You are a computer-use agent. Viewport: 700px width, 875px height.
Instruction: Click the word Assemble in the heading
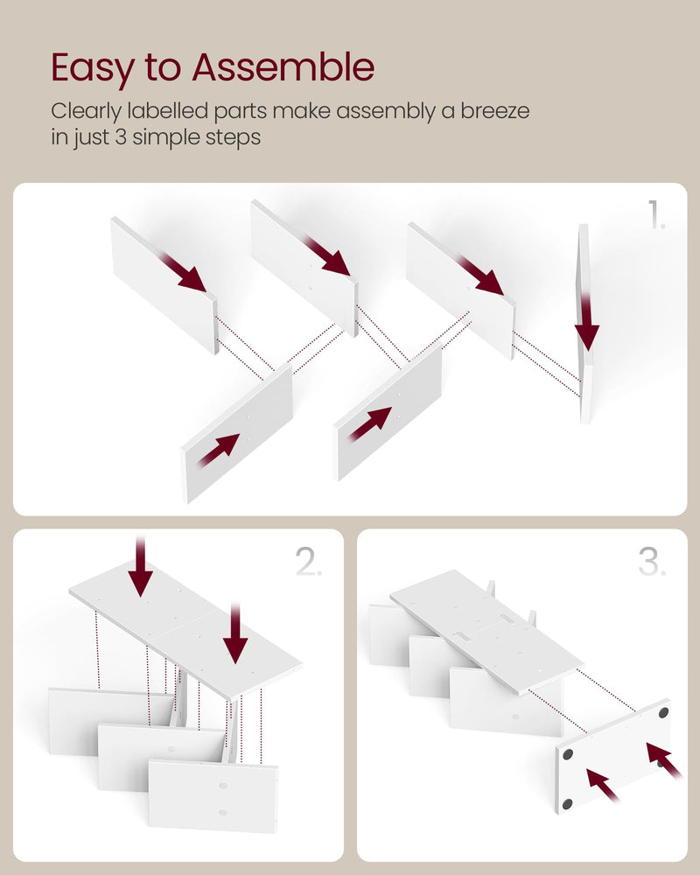point(283,67)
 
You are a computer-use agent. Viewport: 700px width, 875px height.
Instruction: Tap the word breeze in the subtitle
point(494,110)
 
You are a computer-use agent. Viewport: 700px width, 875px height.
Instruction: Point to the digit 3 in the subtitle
point(121,136)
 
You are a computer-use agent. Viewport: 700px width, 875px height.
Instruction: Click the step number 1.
point(656,215)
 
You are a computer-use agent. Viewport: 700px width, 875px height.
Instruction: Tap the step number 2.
point(309,562)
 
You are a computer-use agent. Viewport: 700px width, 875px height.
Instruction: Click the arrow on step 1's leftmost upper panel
point(182,272)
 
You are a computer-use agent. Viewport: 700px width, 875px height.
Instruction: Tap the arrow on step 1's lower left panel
point(218,450)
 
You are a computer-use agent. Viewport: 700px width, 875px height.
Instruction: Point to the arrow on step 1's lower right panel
point(369,423)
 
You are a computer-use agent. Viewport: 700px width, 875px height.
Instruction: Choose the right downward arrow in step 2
point(235,633)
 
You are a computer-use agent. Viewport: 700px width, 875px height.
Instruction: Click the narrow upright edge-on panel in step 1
point(584,324)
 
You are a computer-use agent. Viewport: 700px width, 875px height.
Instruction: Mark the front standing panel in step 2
point(213,796)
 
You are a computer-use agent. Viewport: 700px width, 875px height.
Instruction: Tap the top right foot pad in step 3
point(664,712)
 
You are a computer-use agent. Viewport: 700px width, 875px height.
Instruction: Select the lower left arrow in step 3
point(604,785)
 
